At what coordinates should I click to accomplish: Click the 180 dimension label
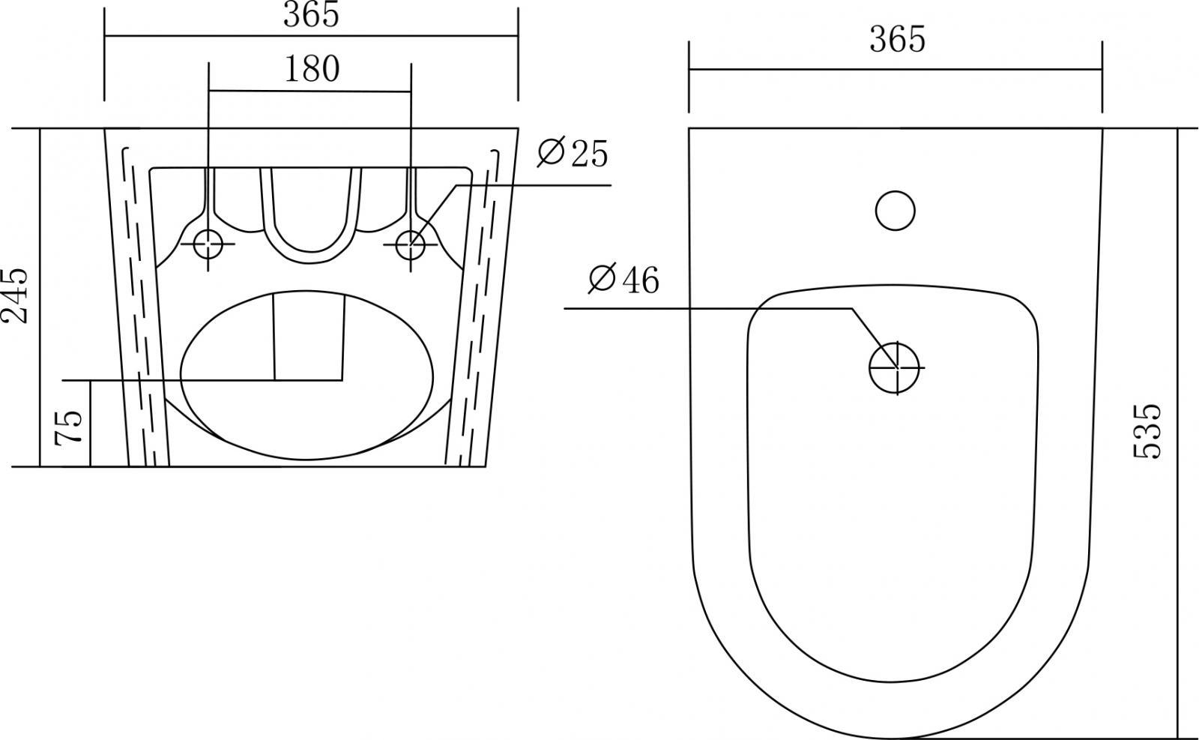(x=312, y=70)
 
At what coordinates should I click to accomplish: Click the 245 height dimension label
(x=14, y=295)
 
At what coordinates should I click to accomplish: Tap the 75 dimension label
(x=69, y=427)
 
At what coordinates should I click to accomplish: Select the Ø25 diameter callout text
(x=573, y=153)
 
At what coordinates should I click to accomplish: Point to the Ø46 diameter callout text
(x=623, y=279)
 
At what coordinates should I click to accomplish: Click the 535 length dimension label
(x=1147, y=431)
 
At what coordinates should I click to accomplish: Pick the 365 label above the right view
(x=897, y=39)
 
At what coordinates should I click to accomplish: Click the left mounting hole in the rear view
(x=208, y=244)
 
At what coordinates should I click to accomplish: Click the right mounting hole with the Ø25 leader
(x=411, y=244)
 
